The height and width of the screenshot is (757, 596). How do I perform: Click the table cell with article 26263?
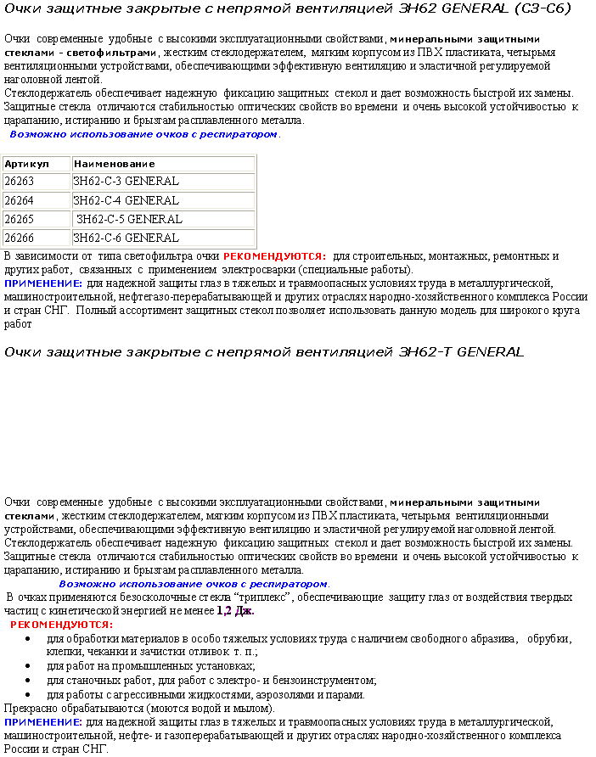[36, 182]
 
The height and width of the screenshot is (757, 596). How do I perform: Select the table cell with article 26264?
[36, 201]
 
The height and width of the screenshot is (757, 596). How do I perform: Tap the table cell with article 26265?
[36, 219]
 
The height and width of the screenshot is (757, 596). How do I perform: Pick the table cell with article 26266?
[36, 238]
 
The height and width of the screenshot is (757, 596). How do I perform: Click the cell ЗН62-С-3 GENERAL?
[162, 182]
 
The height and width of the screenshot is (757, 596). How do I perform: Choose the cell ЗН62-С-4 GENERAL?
[162, 201]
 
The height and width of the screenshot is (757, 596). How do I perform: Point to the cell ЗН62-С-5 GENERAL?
[162, 219]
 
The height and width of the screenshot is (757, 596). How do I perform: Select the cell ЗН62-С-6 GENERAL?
[162, 238]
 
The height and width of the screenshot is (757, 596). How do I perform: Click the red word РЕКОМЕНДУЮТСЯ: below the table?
[273, 256]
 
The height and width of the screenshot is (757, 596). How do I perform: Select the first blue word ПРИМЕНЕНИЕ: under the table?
[43, 283]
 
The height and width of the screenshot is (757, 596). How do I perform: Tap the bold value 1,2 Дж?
[235, 611]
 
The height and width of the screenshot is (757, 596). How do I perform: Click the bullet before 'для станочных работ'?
[31, 681]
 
